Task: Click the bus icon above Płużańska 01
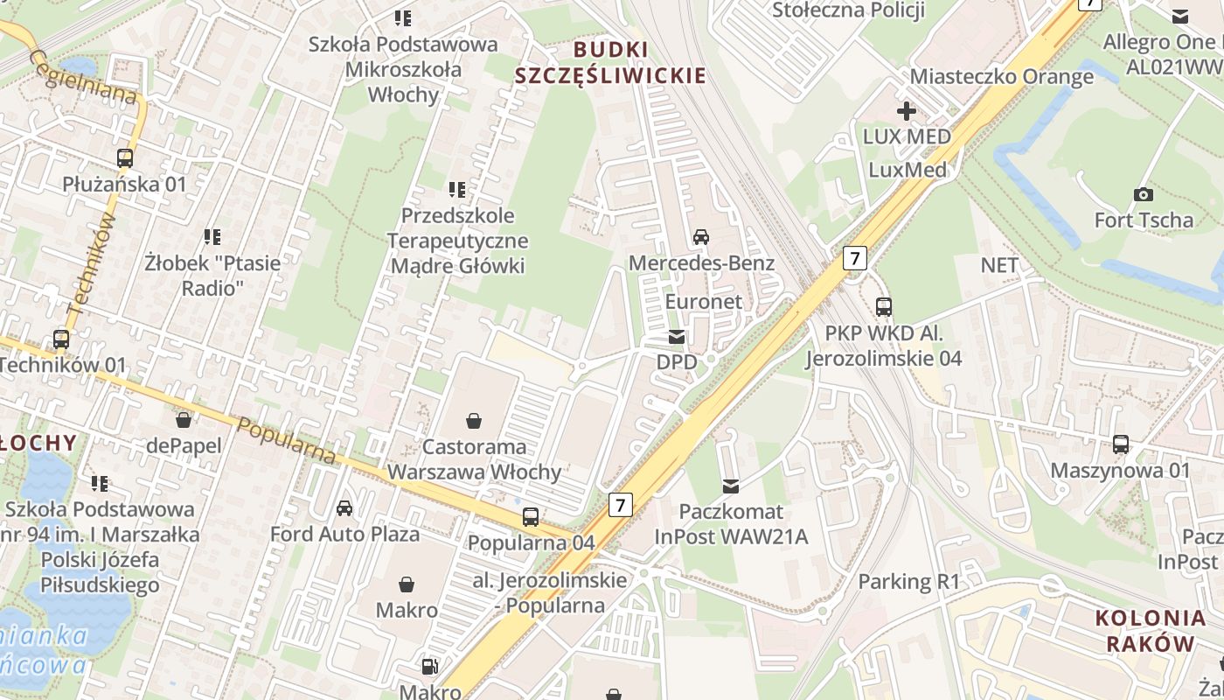point(125,158)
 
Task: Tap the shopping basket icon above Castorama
point(474,421)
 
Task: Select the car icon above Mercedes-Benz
point(701,236)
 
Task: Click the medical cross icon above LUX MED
point(907,111)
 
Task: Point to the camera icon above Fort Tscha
point(1143,194)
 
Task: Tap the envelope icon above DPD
point(676,337)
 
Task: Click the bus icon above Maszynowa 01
point(1121,444)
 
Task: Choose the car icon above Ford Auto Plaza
point(344,508)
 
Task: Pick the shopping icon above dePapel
point(184,420)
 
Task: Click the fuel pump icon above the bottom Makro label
point(429,667)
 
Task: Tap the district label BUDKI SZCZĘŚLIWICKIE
point(610,62)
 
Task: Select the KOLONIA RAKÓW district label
point(1150,631)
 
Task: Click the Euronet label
point(704,302)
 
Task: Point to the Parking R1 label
point(909,581)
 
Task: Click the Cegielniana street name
point(83,76)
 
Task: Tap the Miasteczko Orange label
point(1002,76)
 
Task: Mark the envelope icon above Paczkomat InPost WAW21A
point(731,486)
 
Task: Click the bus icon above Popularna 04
point(531,517)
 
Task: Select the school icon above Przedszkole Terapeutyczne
point(456,189)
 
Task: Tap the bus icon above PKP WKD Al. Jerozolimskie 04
point(884,307)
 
